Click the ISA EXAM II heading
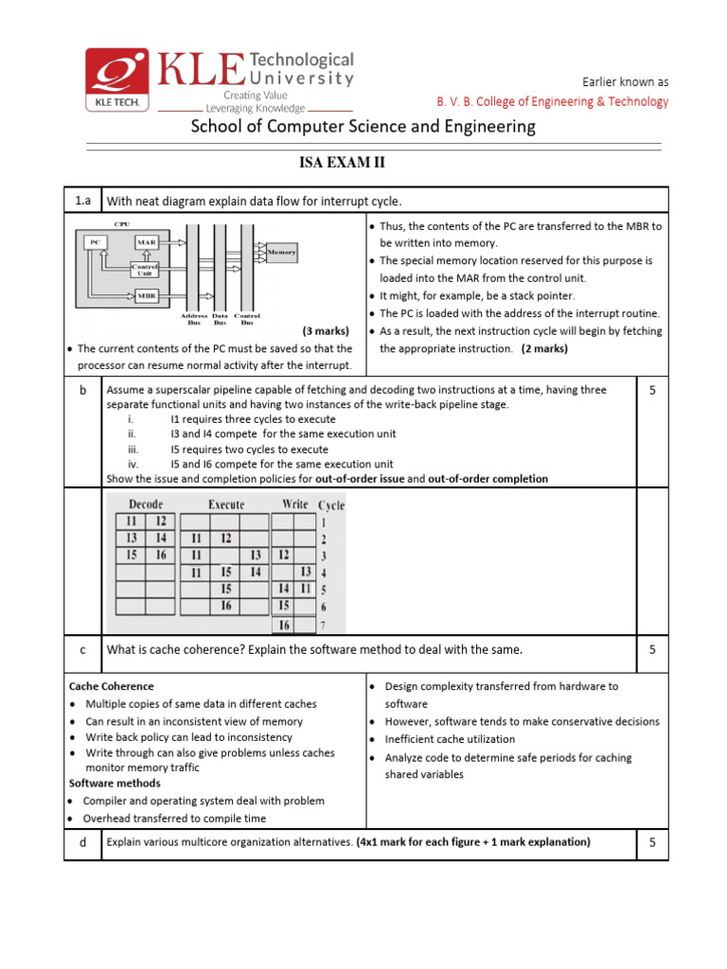point(342,164)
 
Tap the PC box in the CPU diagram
point(94,242)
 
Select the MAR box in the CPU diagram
point(146,242)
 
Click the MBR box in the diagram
point(145,296)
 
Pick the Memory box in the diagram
point(282,253)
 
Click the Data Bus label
point(220,317)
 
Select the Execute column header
point(225,504)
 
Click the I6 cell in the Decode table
point(161,555)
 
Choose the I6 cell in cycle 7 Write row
point(283,624)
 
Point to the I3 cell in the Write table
point(306,572)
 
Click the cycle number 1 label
point(324,521)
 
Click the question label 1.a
point(82,201)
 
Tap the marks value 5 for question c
point(652,650)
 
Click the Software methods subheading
point(115,784)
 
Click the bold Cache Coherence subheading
point(112,686)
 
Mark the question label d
point(83,842)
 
